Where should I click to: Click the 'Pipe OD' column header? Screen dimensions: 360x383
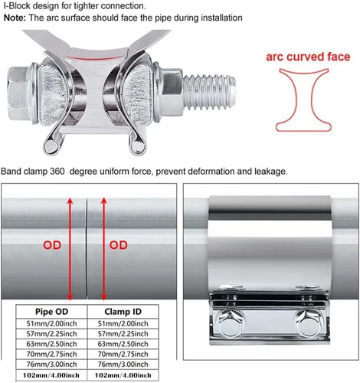point(51,312)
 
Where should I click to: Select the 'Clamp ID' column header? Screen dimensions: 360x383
point(123,312)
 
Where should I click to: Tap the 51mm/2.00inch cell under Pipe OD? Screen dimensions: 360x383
point(51,323)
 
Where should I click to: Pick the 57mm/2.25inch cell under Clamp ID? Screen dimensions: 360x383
point(123,334)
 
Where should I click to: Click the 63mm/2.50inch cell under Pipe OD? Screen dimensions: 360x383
point(51,344)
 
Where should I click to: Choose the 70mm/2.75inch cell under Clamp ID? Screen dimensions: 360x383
point(123,354)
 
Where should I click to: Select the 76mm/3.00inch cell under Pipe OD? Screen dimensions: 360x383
point(51,365)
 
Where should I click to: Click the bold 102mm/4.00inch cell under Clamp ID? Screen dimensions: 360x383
point(123,375)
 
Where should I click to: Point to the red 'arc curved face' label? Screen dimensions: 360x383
point(308,57)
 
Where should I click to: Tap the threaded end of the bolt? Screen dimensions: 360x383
point(209,93)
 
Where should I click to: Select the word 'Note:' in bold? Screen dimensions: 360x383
point(15,18)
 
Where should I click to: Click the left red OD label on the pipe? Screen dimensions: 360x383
point(52,245)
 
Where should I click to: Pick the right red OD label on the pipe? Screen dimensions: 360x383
point(119,245)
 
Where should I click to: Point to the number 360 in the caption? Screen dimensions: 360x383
point(57,171)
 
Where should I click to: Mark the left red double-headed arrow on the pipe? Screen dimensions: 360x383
point(70,249)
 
